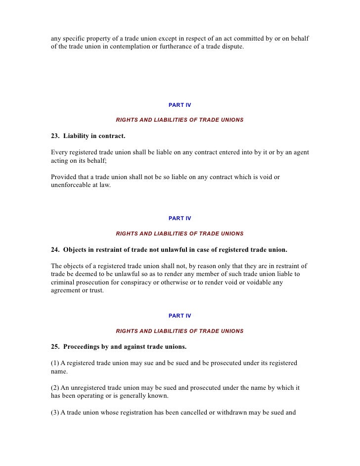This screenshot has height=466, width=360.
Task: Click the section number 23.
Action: click(x=54, y=136)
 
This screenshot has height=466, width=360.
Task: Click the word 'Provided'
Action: click(x=64, y=177)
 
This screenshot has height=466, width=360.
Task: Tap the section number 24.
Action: click(x=54, y=249)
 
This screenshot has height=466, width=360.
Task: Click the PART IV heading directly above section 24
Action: click(x=180, y=218)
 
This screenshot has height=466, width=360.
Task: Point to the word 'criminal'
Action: click(x=62, y=282)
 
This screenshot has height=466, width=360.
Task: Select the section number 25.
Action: click(x=54, y=347)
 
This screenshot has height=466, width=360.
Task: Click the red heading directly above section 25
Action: click(x=180, y=331)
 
